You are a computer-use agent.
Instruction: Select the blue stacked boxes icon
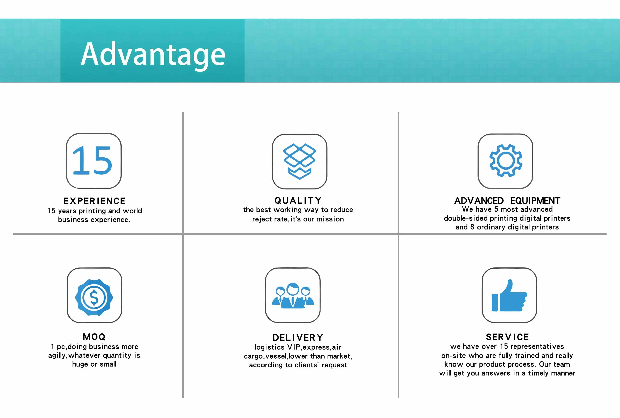pos(299,161)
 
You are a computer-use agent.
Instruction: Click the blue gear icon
pos(506,161)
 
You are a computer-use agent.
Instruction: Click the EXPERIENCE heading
pos(94,201)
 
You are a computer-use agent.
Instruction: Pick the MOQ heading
pos(94,337)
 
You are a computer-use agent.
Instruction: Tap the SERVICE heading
pos(507,337)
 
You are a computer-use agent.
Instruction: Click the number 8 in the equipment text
pos(472,227)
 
